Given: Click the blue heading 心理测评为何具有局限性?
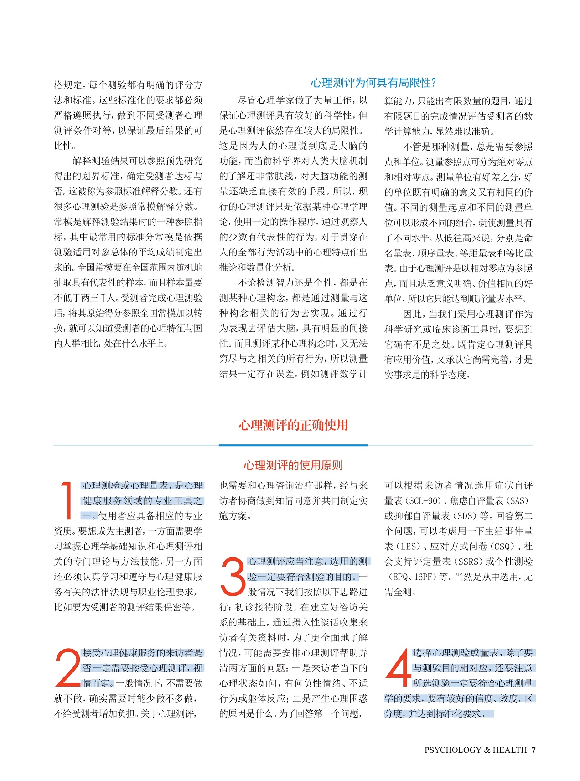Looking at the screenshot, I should tap(373, 83).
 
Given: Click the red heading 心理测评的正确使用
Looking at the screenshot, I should tap(293, 425).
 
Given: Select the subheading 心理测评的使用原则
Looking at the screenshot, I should tap(293, 465).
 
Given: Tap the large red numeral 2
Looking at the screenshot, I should tap(67, 667).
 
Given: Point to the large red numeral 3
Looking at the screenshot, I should tap(233, 577).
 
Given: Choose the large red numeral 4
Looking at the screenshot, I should tap(398, 667).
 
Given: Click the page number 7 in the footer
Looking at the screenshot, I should tap(533, 750).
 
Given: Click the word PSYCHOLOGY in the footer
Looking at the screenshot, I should tap(452, 750).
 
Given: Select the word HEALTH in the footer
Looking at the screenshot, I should tap(510, 750).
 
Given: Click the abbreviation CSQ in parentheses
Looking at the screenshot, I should tap(501, 547).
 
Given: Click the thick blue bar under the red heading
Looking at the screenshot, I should tap(293, 445).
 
